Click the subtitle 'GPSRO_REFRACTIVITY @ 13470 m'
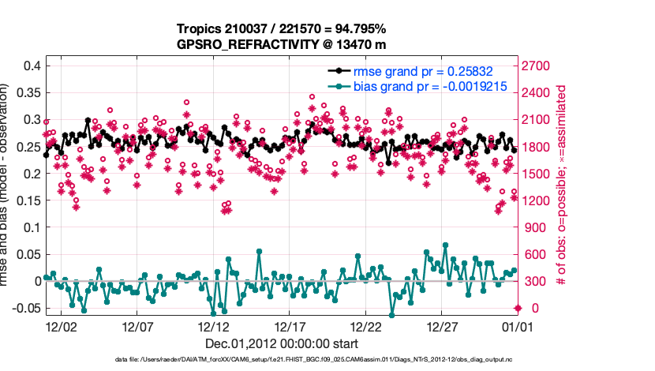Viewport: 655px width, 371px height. coord(281,44)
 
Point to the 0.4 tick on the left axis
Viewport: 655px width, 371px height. coord(31,66)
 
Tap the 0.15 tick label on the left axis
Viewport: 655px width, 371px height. coord(28,200)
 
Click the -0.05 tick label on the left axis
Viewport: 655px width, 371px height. coord(25,308)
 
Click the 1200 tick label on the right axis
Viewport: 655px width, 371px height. coord(537,200)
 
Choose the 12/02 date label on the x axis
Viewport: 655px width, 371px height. coord(61,326)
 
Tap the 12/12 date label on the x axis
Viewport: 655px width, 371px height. coord(214,326)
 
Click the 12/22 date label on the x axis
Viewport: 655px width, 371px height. coord(366,326)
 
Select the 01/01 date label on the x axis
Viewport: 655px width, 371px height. coord(518,326)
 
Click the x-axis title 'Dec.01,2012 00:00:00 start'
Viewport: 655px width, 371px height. coord(281,343)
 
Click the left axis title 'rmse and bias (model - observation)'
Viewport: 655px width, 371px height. coord(8,185)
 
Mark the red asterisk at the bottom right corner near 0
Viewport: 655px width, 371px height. coord(518,308)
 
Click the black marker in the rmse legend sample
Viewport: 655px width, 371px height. coord(339,71)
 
